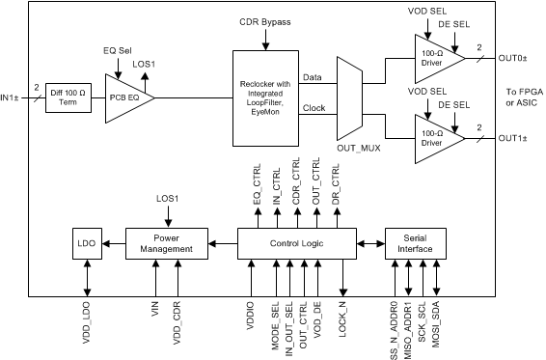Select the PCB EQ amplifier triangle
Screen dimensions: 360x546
point(128,97)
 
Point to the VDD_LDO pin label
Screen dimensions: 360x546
point(88,323)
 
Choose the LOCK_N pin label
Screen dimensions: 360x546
point(344,319)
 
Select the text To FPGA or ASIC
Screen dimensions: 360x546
point(521,98)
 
